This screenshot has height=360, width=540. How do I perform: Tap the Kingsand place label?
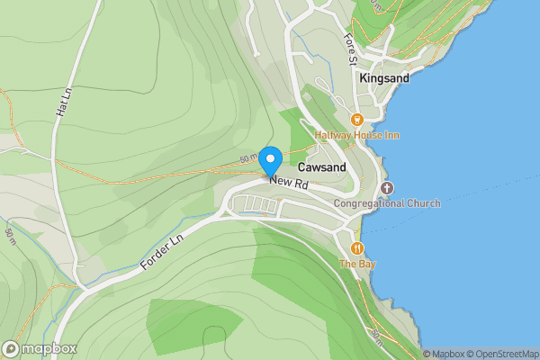coord(384,78)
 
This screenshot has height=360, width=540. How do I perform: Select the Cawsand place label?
coord(321,167)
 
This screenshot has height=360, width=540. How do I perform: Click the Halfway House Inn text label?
coord(357,135)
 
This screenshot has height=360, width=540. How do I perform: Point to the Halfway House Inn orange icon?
coord(357,119)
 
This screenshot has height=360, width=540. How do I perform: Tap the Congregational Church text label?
coord(387,203)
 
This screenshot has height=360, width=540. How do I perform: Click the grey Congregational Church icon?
coord(387,187)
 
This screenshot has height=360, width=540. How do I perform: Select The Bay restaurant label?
coord(357,264)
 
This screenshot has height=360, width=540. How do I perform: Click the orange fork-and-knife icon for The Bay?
coord(357,247)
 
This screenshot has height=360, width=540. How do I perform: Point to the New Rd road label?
coord(289,184)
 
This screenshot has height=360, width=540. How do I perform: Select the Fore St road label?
coord(352,49)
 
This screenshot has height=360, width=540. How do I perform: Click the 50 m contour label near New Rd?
coord(249,159)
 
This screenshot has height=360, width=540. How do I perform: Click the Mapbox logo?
coord(40,348)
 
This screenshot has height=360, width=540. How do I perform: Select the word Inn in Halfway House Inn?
coord(391,135)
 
